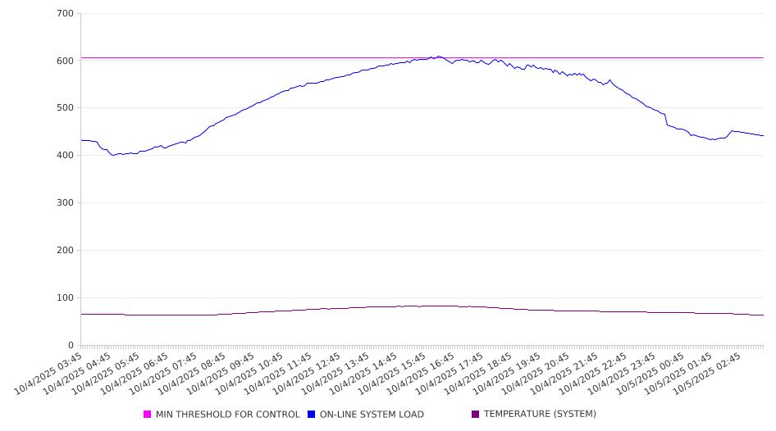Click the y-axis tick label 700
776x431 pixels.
[66, 14]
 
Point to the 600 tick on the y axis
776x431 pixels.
[66, 61]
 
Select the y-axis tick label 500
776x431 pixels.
[66, 108]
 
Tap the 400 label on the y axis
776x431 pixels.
[66, 156]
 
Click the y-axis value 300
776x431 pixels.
[66, 203]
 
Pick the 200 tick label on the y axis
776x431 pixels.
[66, 251]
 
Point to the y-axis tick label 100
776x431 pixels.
[66, 298]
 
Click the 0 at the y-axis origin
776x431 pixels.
[71, 346]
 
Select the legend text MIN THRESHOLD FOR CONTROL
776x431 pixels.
[227, 415]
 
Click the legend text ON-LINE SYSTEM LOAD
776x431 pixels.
[372, 415]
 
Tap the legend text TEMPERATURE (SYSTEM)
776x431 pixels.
[540, 415]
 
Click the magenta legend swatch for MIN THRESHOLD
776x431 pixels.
[148, 415]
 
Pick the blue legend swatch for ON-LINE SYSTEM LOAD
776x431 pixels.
[312, 415]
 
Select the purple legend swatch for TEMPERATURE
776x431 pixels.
[476, 415]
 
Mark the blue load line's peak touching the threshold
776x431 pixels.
[438, 57]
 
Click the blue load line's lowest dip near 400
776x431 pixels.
[114, 155]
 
